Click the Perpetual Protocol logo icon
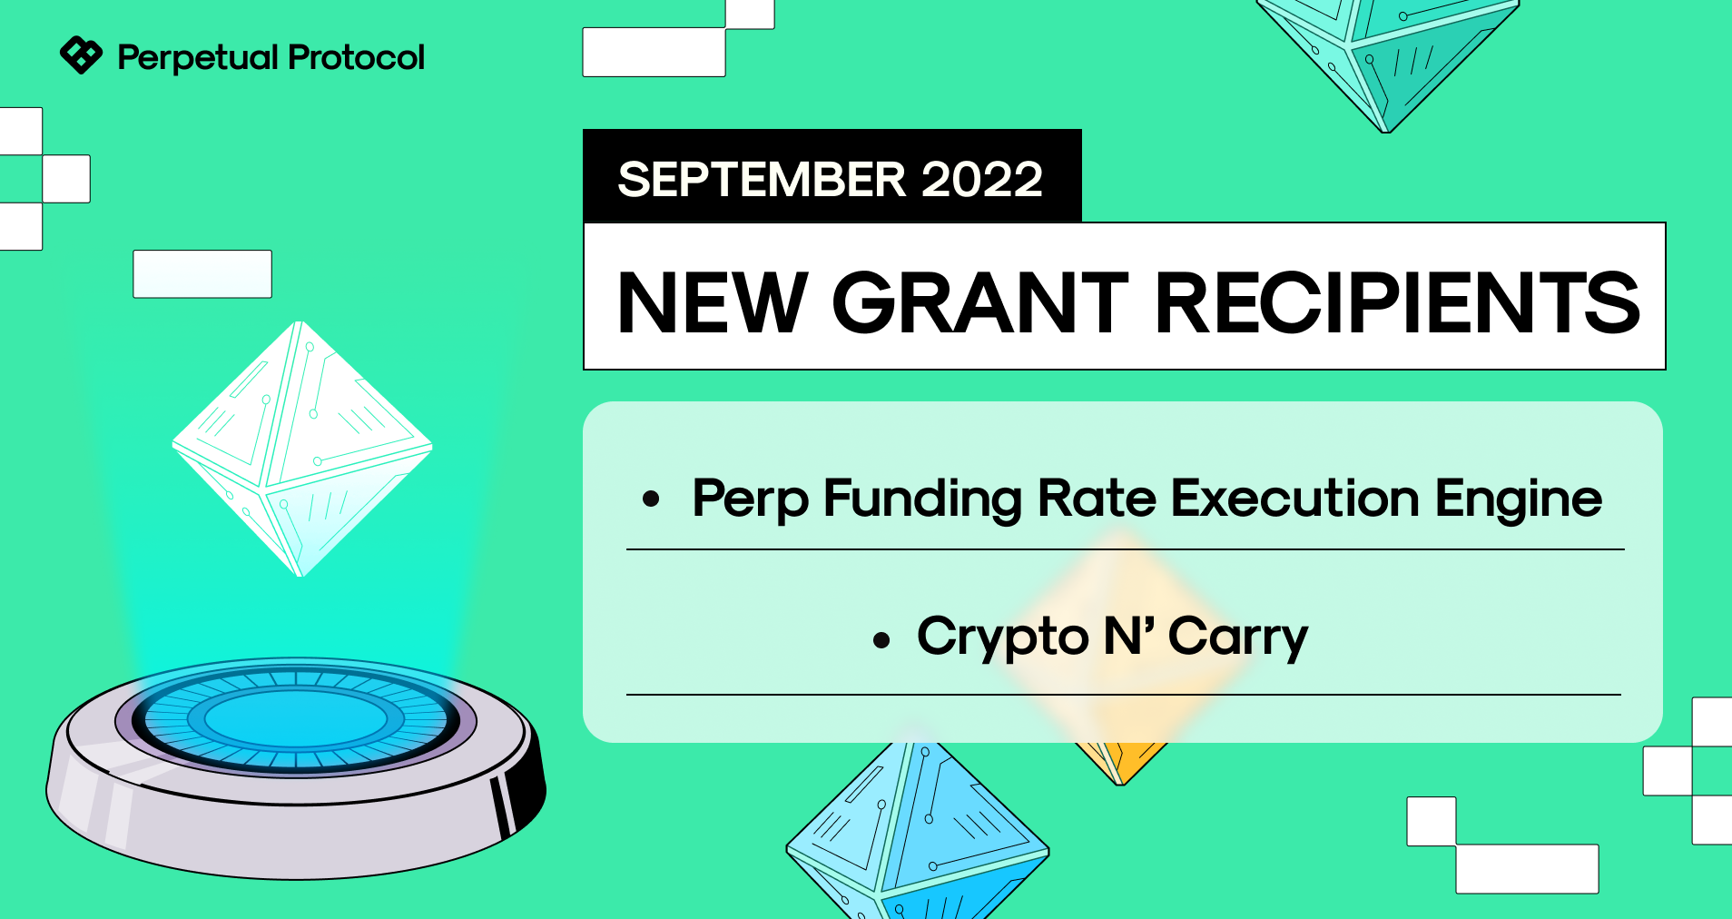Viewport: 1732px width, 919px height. coord(81,55)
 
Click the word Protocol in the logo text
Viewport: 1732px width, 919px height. coord(356,57)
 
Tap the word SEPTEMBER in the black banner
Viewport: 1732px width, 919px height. coord(762,179)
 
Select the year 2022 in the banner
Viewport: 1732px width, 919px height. coord(982,179)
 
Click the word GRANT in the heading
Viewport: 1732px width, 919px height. coord(980,302)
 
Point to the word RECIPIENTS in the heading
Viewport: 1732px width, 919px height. coord(1398,302)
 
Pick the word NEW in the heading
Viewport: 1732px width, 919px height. coord(713,302)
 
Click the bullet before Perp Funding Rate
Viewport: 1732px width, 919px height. coord(651,498)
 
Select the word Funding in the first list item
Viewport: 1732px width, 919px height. coord(921,499)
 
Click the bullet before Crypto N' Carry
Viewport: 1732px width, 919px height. coord(881,640)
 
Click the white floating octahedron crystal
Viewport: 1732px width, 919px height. coord(302,449)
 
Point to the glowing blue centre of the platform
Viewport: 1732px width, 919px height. coord(296,719)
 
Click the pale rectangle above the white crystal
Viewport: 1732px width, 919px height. coord(202,274)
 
